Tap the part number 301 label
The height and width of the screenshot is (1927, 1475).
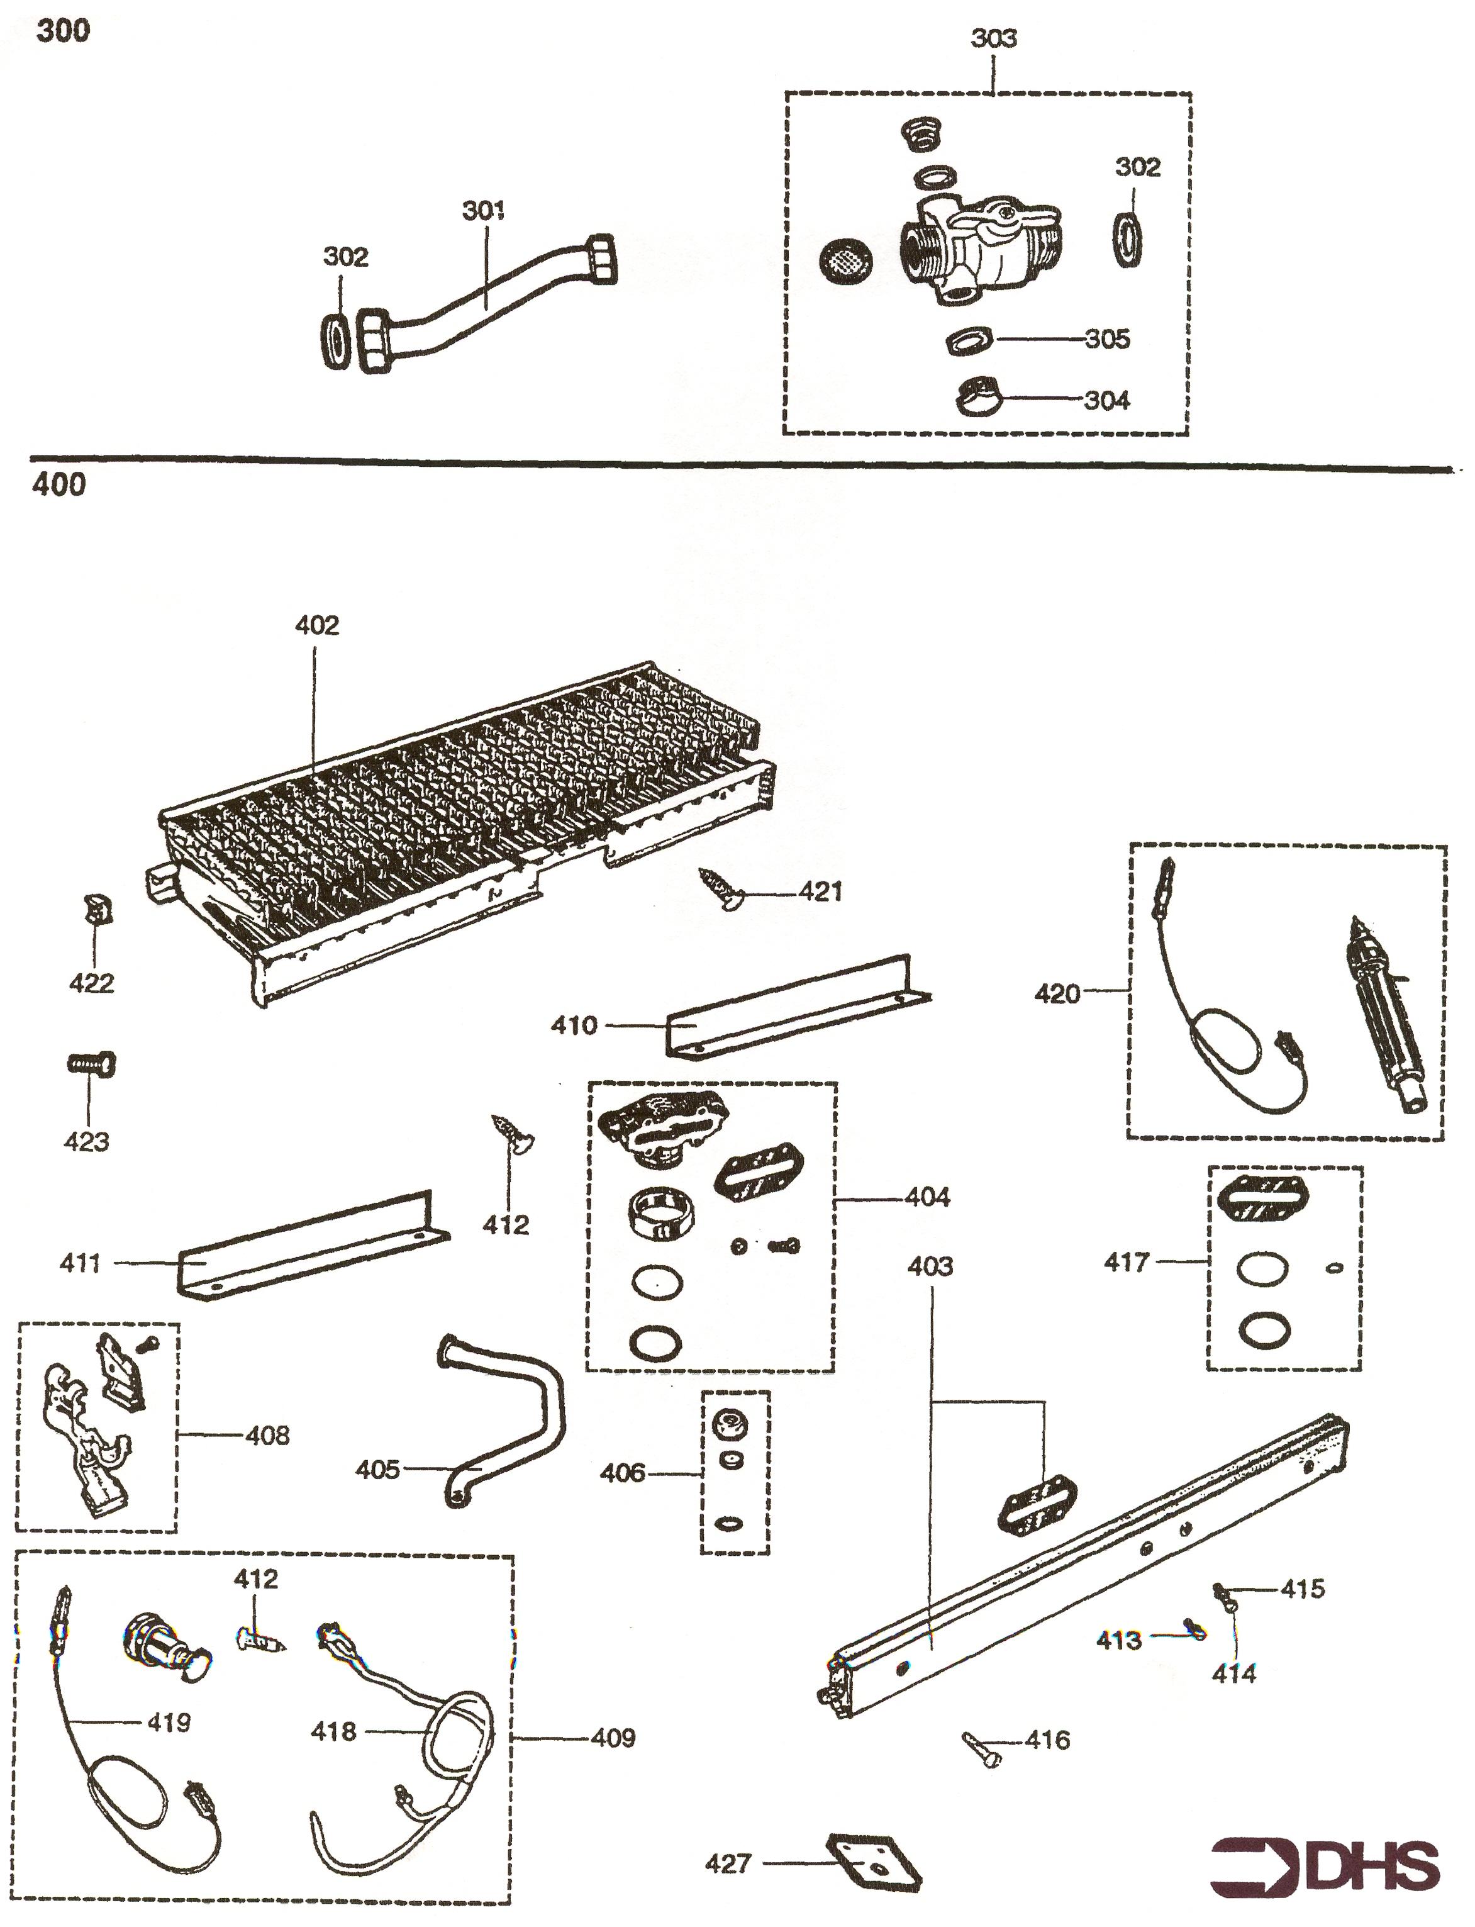coord(483,211)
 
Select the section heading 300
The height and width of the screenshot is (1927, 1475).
coord(62,31)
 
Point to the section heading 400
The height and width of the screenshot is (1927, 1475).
coord(59,484)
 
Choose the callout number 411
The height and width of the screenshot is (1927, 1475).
coord(80,1263)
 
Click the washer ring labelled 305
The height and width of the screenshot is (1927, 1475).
coord(969,340)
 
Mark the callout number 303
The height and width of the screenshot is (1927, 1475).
coord(993,38)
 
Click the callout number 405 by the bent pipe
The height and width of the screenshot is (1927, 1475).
coord(377,1470)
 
